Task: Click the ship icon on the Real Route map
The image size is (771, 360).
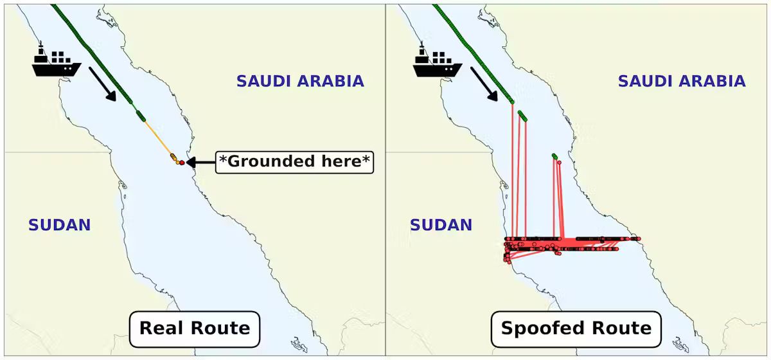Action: (57, 62)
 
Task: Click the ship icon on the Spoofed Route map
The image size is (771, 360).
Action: (438, 62)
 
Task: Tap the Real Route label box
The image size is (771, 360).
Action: (195, 328)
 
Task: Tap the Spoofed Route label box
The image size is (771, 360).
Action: (576, 328)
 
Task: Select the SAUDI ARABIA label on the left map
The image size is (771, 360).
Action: (300, 82)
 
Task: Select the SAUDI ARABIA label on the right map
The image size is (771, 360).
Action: (682, 82)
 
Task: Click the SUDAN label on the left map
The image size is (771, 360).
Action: (59, 225)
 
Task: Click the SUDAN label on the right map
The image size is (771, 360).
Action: (441, 225)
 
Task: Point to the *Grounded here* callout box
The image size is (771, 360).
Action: (295, 161)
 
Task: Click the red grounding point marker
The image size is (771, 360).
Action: (182, 163)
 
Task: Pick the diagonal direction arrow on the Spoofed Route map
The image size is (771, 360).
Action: (484, 84)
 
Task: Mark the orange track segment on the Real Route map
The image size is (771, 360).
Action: (157, 138)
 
